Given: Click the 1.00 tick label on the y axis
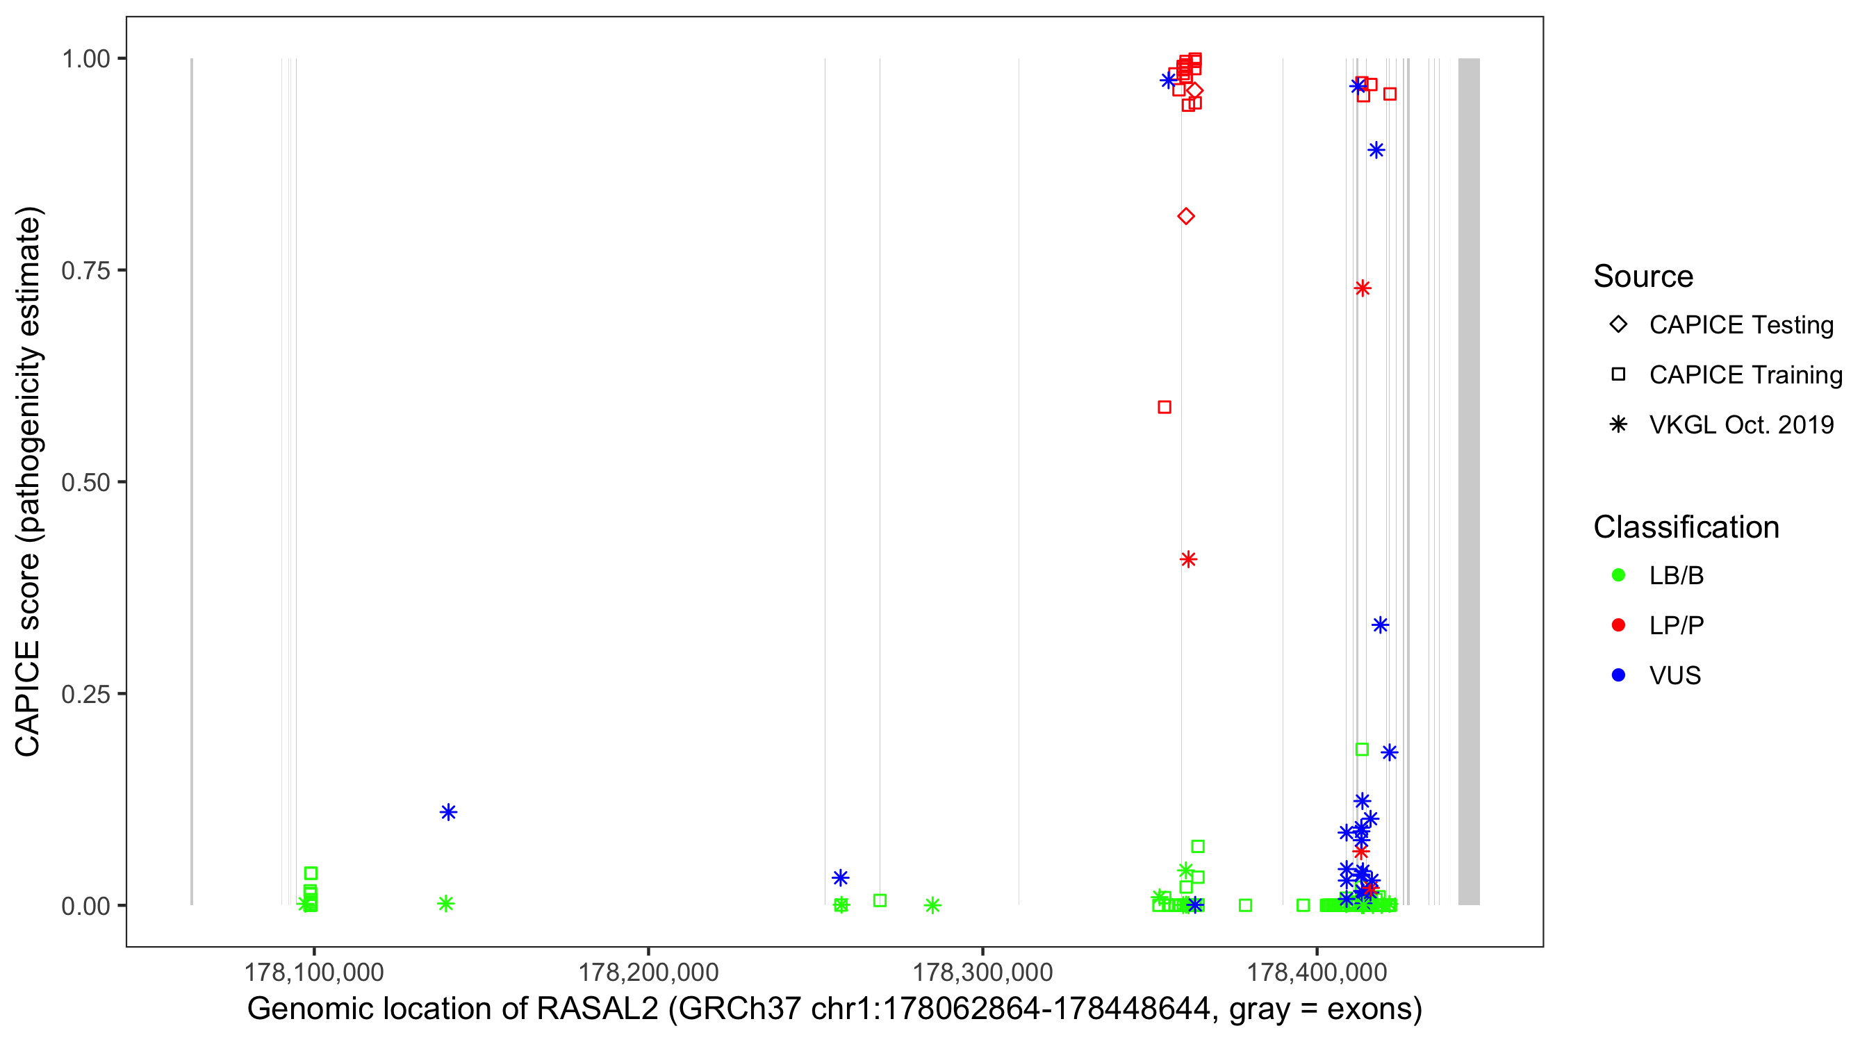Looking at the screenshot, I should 85,59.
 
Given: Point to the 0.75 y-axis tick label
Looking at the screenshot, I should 85,271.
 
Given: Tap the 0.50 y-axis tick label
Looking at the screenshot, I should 85,482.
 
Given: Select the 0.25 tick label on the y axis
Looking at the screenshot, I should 85,694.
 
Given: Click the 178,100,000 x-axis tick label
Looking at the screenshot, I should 314,972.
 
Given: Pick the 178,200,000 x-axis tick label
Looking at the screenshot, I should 648,972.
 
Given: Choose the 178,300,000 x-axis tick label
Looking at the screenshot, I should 982,972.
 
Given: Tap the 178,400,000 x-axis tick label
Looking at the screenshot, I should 1317,972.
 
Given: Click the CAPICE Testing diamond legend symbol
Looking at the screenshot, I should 1618,325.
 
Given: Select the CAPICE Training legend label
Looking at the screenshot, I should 1745,375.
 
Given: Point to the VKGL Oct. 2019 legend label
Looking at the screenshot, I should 1741,425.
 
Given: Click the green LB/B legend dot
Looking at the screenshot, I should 1618,576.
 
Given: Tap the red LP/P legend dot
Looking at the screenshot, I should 1618,625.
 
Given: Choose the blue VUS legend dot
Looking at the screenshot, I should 1618,676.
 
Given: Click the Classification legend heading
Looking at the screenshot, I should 1686,527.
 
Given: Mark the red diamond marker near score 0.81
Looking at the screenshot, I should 1185,216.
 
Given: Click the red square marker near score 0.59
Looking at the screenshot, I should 1165,407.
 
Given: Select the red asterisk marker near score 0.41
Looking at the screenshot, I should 1188,559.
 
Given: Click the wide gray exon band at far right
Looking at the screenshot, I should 1468,481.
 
